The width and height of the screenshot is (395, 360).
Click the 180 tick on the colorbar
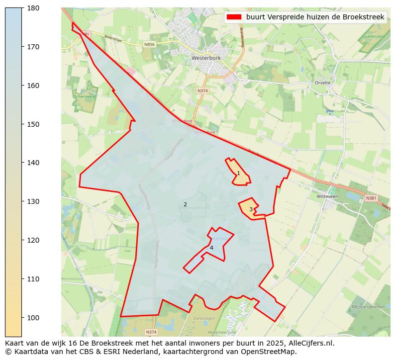(x=22, y=8)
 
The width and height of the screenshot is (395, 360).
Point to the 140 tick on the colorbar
(x=22, y=163)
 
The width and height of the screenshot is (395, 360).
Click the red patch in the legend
(x=234, y=17)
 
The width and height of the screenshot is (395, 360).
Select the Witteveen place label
(x=327, y=196)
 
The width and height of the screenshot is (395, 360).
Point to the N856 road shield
(x=149, y=45)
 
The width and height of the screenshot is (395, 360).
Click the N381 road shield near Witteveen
(x=371, y=198)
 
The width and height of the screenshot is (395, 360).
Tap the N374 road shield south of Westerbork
(x=202, y=90)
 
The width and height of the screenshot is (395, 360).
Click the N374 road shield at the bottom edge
(x=151, y=332)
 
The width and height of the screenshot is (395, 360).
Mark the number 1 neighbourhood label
(x=238, y=173)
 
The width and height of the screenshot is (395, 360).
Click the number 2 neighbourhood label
(x=185, y=204)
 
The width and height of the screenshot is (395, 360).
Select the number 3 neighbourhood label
(x=251, y=209)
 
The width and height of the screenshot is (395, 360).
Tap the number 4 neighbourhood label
(x=211, y=248)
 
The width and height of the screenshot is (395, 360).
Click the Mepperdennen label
(x=367, y=307)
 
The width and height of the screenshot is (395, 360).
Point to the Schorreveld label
(x=84, y=97)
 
